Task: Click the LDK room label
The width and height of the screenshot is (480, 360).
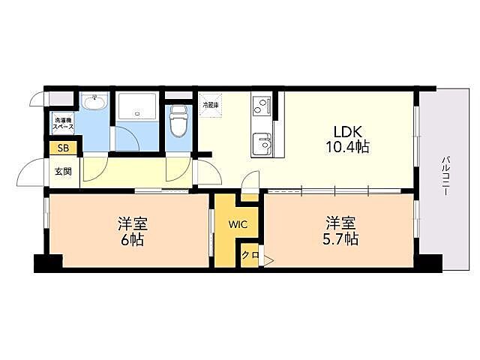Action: (x=347, y=132)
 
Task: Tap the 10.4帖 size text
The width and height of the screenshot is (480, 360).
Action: (x=347, y=147)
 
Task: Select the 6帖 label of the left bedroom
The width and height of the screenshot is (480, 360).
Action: (x=133, y=239)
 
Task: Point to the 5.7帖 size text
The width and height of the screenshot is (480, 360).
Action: (x=340, y=238)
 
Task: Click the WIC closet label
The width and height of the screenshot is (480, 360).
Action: (x=238, y=224)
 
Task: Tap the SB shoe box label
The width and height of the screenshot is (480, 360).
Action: (x=63, y=148)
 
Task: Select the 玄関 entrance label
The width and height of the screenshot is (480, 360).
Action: (x=63, y=172)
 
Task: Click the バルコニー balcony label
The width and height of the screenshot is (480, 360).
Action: (x=445, y=176)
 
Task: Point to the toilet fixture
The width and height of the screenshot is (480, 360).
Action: (x=178, y=121)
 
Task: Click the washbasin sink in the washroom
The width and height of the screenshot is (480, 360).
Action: (x=94, y=102)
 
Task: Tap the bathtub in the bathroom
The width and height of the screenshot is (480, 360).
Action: (x=137, y=106)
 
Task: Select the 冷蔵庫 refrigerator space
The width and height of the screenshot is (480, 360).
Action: (x=211, y=105)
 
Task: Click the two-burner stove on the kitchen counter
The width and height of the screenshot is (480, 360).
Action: (x=262, y=106)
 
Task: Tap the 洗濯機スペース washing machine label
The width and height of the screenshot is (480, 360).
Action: (x=63, y=123)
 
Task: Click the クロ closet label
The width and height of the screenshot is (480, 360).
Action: (x=250, y=255)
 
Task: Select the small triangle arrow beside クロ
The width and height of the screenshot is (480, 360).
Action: (x=268, y=261)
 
